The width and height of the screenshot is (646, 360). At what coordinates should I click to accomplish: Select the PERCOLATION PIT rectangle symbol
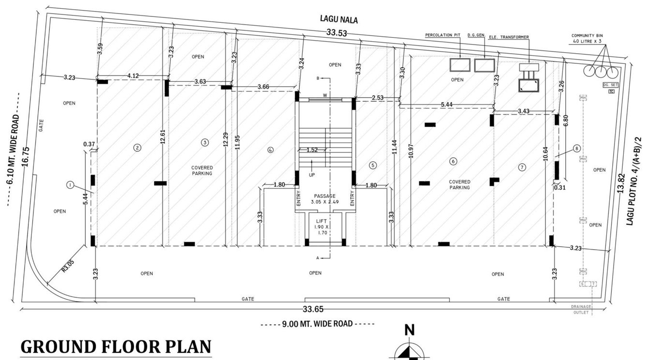coord(459,65)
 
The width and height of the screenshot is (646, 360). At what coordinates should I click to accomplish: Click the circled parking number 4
coord(270,150)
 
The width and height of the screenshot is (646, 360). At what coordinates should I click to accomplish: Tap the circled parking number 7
coord(522,167)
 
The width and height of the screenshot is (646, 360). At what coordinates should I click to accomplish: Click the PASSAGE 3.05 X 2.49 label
coord(324,198)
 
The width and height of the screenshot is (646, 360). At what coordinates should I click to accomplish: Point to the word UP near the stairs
coord(312,175)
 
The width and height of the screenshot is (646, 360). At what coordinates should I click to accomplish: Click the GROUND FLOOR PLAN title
coord(116,347)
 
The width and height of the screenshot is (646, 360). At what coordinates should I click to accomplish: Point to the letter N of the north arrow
coord(410,330)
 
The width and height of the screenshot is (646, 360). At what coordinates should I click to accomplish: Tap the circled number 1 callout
coord(70,185)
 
